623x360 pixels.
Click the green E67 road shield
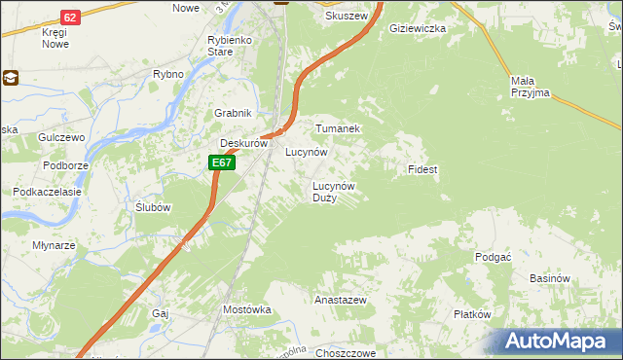[222, 162]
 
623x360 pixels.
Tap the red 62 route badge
[69, 18]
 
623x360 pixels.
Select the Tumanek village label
[338, 128]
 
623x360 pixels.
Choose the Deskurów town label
[242, 143]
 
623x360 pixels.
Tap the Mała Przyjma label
[530, 87]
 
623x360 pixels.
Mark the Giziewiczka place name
[417, 29]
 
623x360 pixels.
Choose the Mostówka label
[246, 309]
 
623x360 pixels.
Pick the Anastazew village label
[340, 301]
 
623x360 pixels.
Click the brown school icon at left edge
[11, 78]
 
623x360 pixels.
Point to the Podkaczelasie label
[46, 192]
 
